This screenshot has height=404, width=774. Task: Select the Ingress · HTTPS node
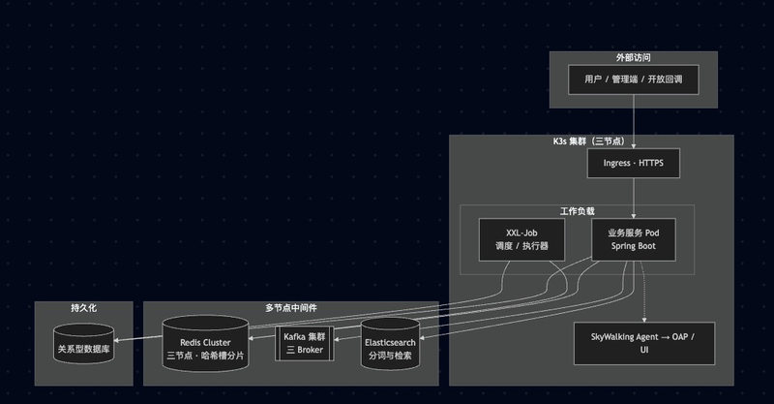pos(633,164)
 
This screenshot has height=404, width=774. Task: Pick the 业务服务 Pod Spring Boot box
pos(633,239)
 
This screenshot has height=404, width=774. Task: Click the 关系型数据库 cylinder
pos(83,347)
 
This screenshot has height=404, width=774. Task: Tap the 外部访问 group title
pos(633,58)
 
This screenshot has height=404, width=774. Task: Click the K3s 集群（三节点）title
pos(591,141)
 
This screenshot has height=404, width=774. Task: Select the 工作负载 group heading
pos(577,210)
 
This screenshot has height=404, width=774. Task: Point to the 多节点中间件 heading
pos(291,308)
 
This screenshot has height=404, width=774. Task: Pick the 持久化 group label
pos(83,308)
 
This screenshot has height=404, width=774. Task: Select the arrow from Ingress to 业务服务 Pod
pos(633,199)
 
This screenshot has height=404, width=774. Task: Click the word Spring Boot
pos(633,247)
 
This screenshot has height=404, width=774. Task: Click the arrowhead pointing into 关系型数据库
pos(119,338)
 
